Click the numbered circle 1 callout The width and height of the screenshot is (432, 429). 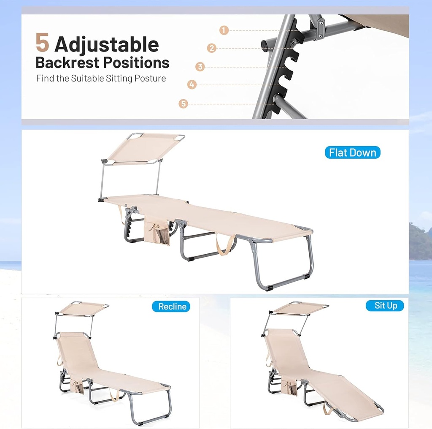pyautogui.click(x=224, y=30)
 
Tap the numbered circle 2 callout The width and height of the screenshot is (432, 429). pyautogui.click(x=212, y=48)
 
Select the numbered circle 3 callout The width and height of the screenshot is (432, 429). pyautogui.click(x=200, y=67)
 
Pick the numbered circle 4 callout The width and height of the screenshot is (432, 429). pyautogui.click(x=192, y=84)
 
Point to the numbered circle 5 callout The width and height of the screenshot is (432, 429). pyautogui.click(x=183, y=104)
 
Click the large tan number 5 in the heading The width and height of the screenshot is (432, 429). pyautogui.click(x=43, y=42)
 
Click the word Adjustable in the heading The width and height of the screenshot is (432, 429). pyautogui.click(x=107, y=45)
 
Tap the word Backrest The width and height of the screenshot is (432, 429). pyautogui.click(x=67, y=62)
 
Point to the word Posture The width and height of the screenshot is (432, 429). pyautogui.click(x=150, y=78)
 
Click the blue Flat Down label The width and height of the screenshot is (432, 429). pyautogui.click(x=352, y=152)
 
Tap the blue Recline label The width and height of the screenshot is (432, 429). pyautogui.click(x=171, y=306)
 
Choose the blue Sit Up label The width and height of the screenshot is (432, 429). pyautogui.click(x=385, y=305)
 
